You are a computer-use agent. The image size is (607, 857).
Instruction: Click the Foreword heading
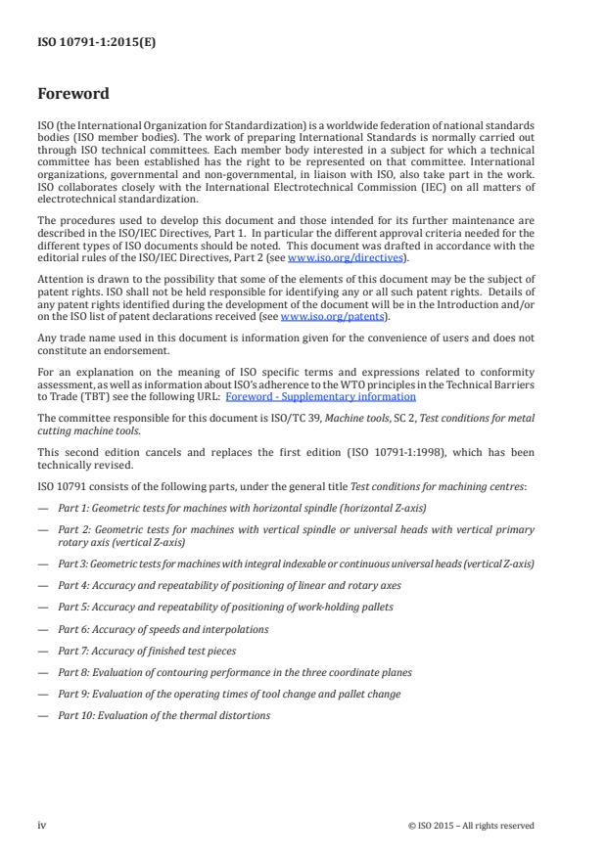click(x=73, y=95)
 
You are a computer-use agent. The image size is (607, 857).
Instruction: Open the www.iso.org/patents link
click(x=320, y=317)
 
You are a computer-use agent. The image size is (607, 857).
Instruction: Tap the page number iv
click(x=42, y=825)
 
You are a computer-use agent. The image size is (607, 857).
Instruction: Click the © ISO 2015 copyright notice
click(x=471, y=826)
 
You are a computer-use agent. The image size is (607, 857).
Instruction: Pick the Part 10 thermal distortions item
click(x=163, y=715)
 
